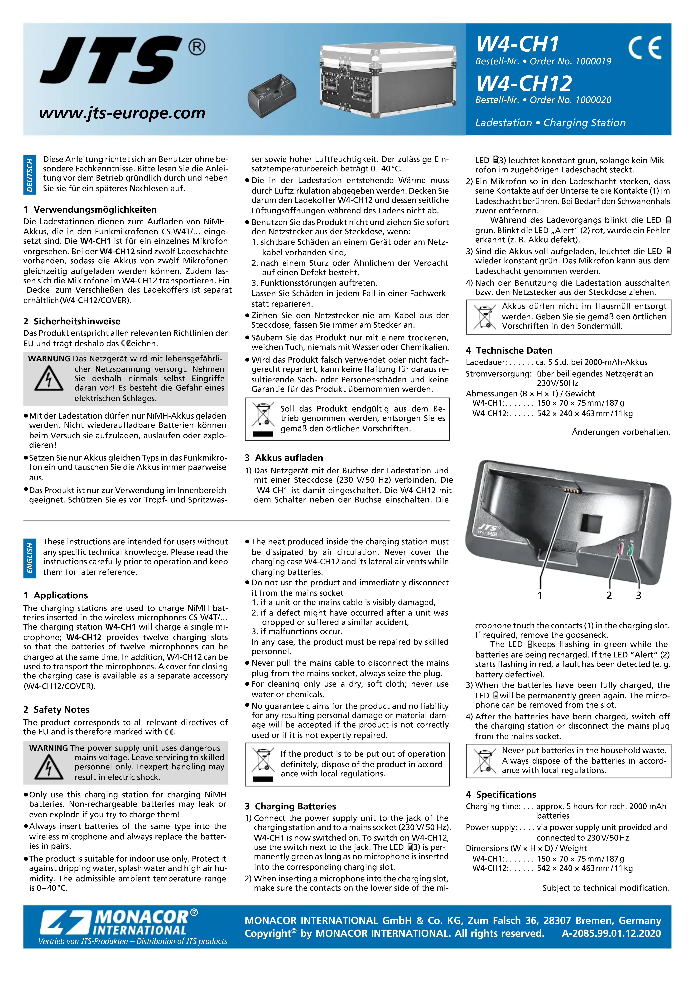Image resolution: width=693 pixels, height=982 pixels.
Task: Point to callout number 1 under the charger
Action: [540, 595]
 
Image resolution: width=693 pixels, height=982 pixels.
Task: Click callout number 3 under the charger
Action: [638, 595]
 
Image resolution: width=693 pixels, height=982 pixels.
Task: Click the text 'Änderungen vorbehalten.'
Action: [621, 432]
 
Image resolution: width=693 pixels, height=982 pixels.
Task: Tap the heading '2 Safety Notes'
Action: [56, 710]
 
